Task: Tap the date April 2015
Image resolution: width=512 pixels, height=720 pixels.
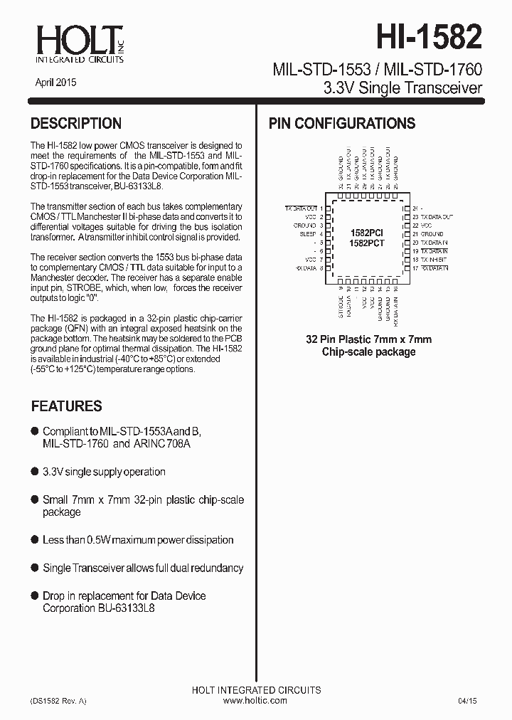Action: [x=56, y=83]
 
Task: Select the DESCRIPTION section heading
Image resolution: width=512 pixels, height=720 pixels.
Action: [x=76, y=124]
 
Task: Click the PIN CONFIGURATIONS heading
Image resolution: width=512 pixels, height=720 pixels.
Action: [x=341, y=124]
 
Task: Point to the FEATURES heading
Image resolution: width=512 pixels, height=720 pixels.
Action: [x=66, y=406]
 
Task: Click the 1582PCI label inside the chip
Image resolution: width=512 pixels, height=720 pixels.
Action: [x=368, y=233]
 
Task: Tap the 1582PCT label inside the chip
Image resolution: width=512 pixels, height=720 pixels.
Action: [x=368, y=243]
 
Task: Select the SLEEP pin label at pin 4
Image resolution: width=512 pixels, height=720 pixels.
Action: [x=307, y=233]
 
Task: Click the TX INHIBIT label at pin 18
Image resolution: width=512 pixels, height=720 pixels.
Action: [x=434, y=260]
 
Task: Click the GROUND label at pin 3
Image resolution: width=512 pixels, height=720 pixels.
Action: [x=304, y=225]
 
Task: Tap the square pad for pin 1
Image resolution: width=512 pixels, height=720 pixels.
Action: [x=329, y=208]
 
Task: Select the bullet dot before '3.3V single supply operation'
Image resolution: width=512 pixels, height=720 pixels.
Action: [x=35, y=472]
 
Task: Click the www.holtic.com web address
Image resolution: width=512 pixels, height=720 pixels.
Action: [x=255, y=701]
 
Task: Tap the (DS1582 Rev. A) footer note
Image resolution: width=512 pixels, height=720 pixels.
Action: [x=58, y=701]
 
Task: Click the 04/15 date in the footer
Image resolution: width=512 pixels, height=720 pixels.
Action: [x=467, y=701]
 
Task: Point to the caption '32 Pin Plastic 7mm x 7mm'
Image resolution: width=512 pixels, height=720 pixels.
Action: [x=368, y=339]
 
